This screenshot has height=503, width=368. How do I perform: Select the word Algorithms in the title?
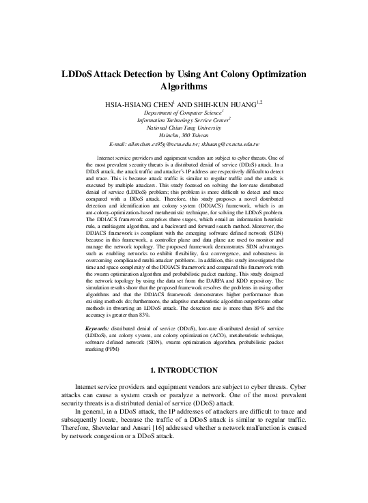tap(184, 87)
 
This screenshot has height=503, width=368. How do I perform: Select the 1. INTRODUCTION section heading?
tap(184, 370)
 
